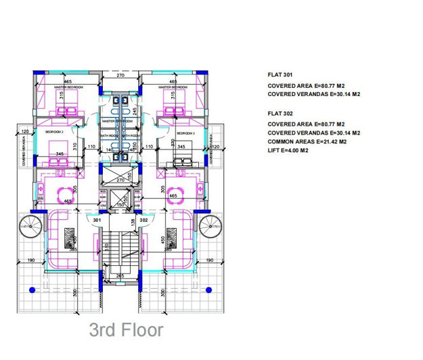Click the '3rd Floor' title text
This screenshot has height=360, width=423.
126,330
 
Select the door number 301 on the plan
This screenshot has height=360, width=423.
97,220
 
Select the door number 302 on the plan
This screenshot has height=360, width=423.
143,220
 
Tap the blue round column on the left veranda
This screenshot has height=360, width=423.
32,289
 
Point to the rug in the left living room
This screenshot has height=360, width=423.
70,238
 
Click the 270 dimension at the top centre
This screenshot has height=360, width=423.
120,76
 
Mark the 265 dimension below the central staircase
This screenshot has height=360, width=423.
120,275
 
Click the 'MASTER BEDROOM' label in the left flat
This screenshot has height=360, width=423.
68,87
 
